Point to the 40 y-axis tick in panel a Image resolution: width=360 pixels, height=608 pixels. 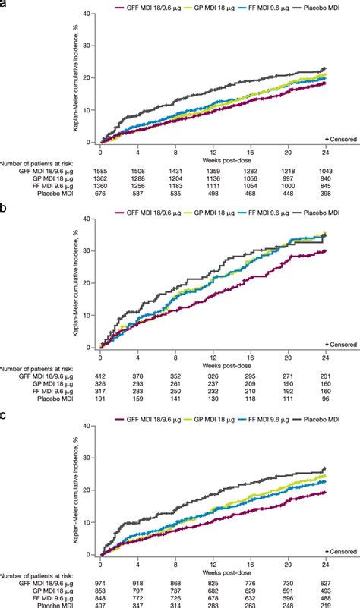pos(92,13)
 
